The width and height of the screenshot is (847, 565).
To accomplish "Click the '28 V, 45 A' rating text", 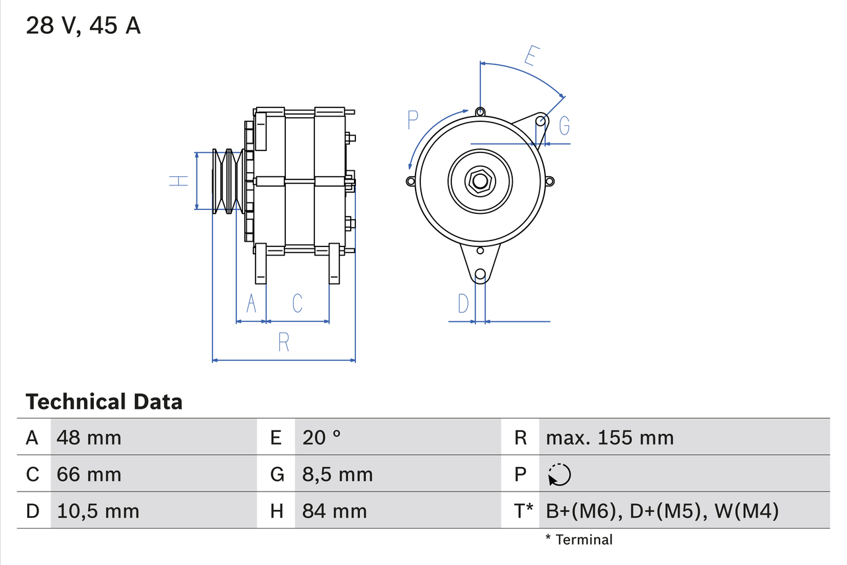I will [x=83, y=26].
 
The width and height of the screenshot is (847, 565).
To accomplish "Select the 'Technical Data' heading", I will [x=104, y=401].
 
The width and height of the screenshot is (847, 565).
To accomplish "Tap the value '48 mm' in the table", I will [x=89, y=437].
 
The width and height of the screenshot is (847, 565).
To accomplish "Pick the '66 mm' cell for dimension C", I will [x=89, y=474].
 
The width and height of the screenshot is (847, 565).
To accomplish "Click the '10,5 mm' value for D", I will [x=98, y=511].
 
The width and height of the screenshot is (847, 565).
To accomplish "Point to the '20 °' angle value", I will [x=322, y=437].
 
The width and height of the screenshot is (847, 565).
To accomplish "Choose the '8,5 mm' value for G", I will [x=337, y=474].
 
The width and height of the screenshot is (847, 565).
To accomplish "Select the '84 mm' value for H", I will [x=334, y=511].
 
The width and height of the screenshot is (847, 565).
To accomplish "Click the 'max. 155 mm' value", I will [x=609, y=437].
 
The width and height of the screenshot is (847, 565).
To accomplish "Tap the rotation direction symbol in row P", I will [x=559, y=474].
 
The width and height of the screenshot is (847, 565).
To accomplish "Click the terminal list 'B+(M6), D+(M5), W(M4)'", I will [x=662, y=511].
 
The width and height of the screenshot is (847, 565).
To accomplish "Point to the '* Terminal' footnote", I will [x=579, y=540].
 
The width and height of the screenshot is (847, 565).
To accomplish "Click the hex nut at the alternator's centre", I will [x=480, y=180].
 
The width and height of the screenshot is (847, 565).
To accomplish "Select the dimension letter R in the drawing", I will [x=284, y=342].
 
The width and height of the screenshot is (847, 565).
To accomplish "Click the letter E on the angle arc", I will [x=529, y=56].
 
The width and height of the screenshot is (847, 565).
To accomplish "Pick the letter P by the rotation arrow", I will [x=413, y=120].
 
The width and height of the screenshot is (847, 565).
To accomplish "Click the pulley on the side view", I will [x=226, y=181].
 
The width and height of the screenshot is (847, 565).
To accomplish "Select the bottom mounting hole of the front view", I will [x=480, y=274].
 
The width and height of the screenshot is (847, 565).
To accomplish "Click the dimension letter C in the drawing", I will [x=297, y=303].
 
